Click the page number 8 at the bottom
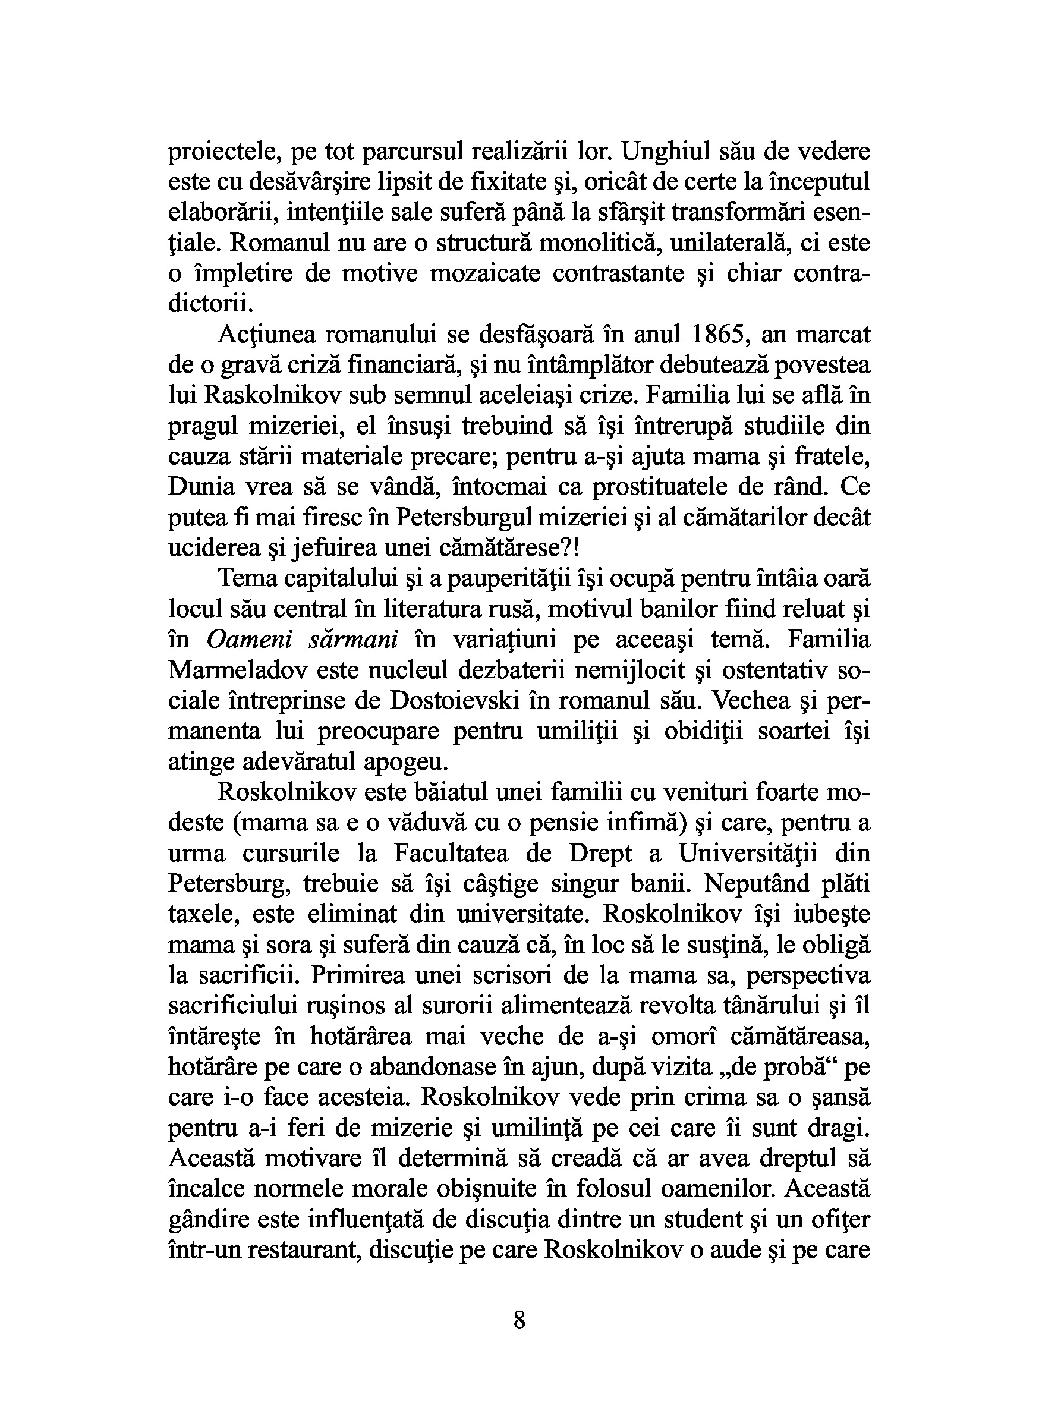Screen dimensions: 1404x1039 pos(519,1318)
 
